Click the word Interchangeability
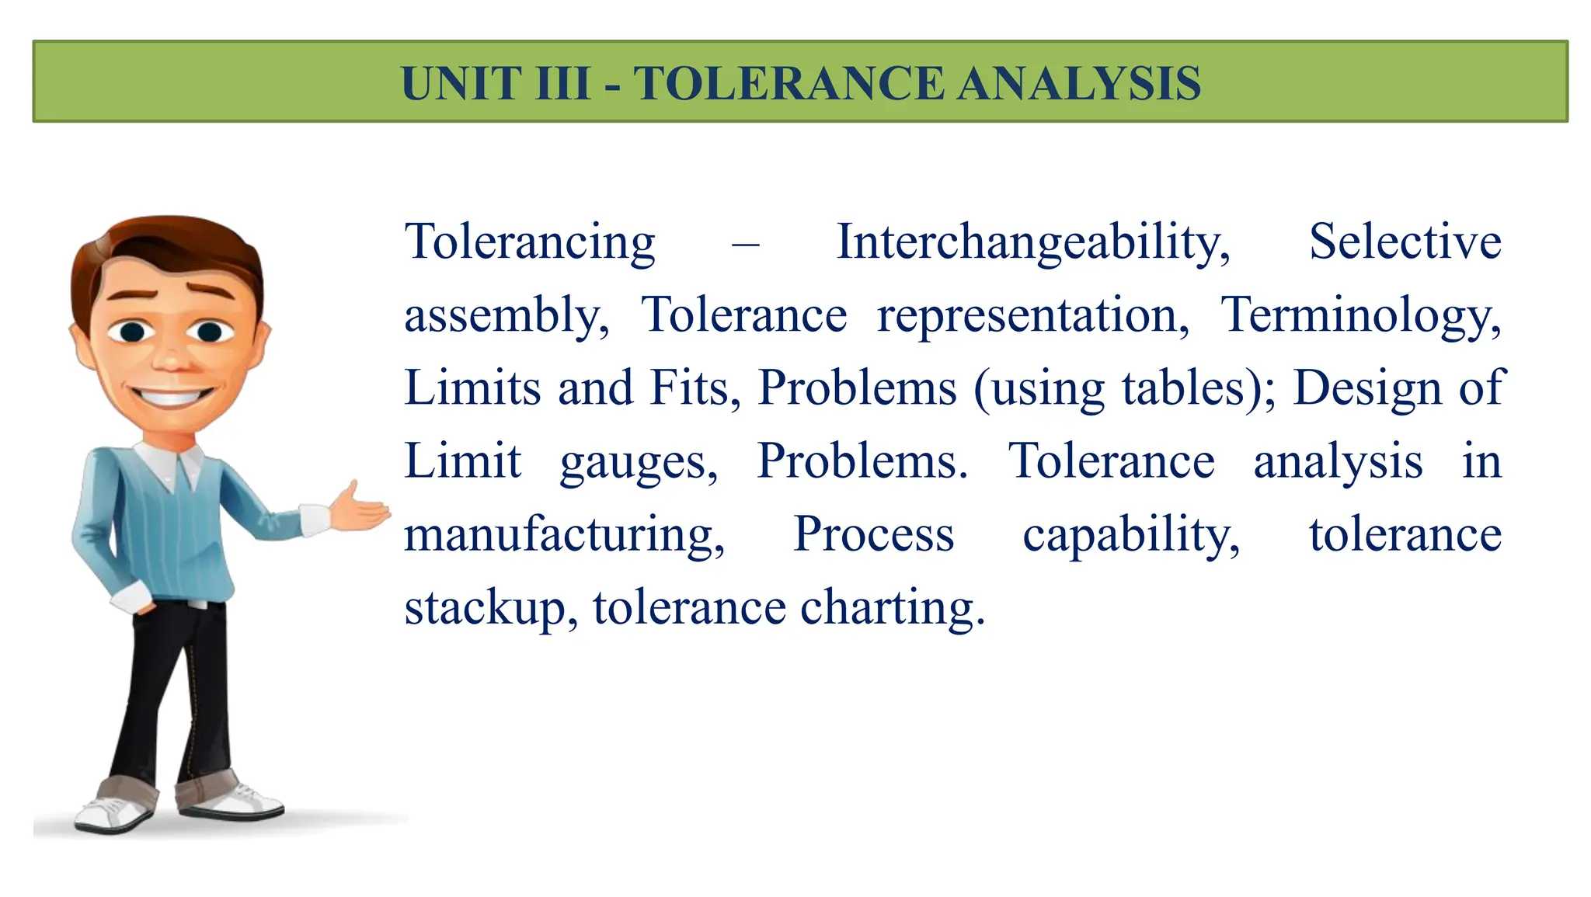(x=1033, y=242)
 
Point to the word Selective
(x=1405, y=242)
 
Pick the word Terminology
(x=1360, y=316)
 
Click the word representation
(x=1032, y=316)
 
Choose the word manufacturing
(x=564, y=536)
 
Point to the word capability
(x=1130, y=536)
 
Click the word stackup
(x=491, y=608)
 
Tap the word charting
(x=892, y=608)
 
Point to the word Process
(x=873, y=534)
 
